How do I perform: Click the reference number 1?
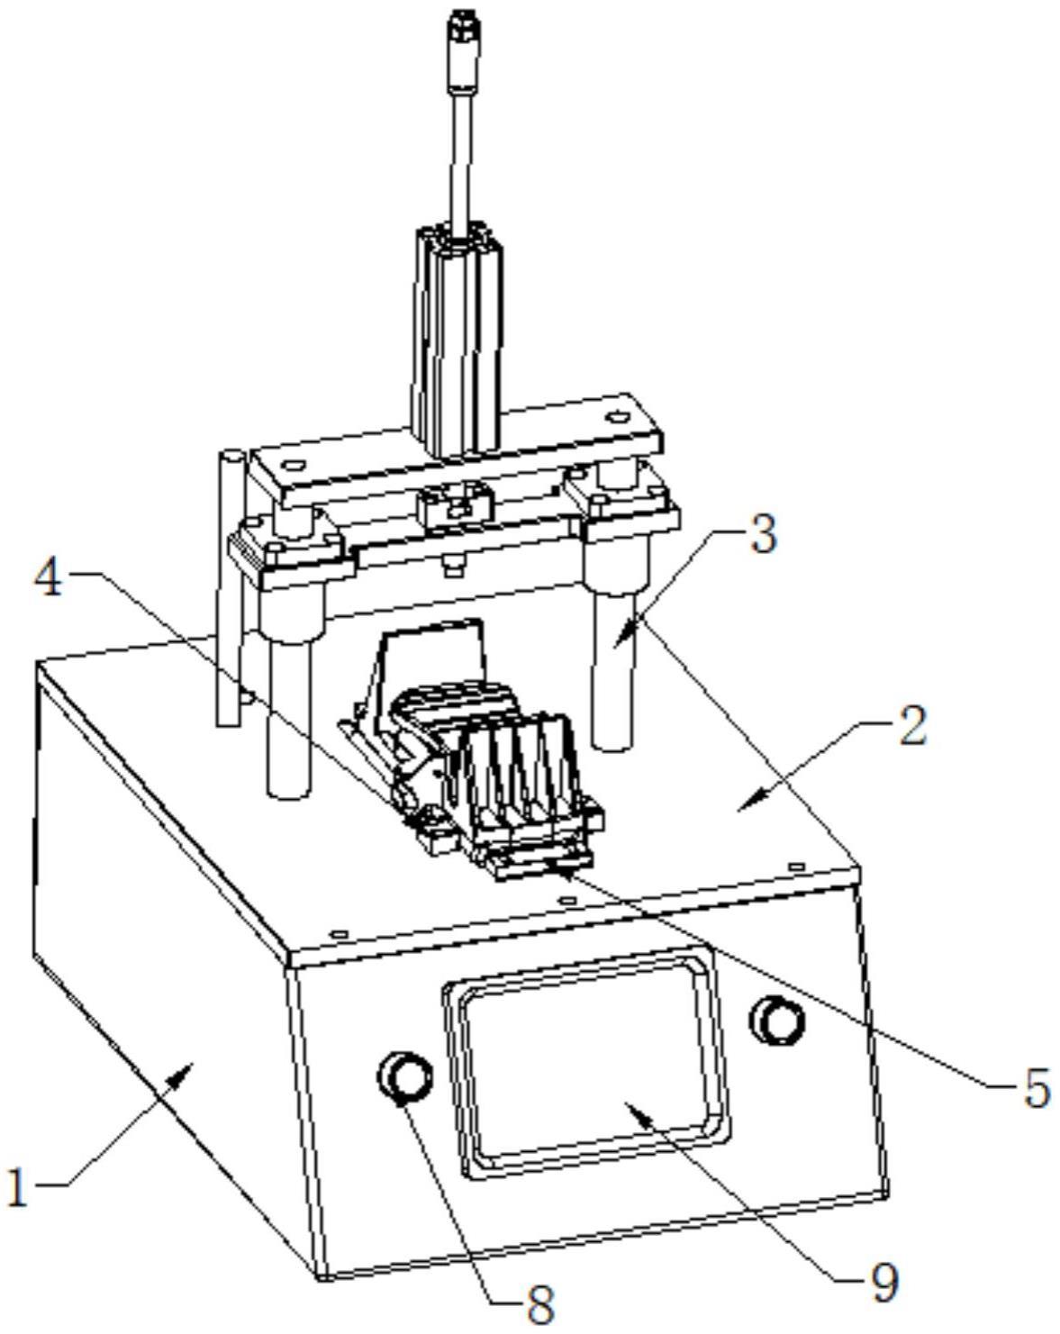point(17,1187)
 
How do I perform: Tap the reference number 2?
point(911,726)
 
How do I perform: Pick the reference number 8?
point(539,1303)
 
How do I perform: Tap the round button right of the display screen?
point(778,1020)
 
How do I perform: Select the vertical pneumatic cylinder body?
point(458,342)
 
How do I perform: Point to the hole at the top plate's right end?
point(616,417)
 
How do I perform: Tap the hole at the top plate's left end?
point(291,467)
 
